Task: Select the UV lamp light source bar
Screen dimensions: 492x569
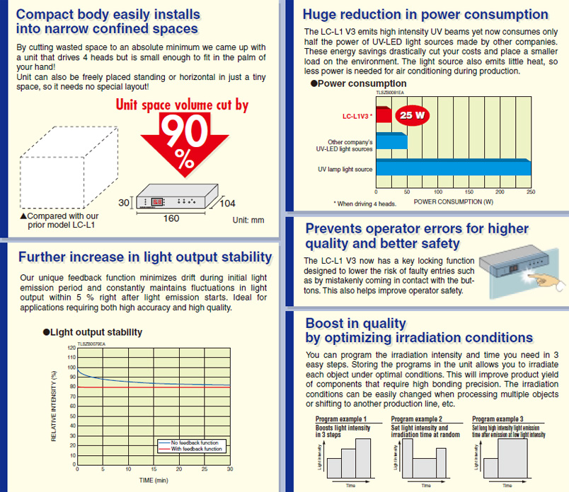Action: tap(454, 169)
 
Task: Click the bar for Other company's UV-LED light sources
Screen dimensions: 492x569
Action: tap(391, 141)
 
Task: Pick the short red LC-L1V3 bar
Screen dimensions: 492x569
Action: tap(383, 115)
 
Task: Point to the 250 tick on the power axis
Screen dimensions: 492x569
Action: tap(531, 192)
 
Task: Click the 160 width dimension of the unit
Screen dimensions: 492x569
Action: tap(171, 218)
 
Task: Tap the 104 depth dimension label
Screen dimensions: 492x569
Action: tap(226, 204)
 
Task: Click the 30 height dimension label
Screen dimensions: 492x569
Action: tap(124, 203)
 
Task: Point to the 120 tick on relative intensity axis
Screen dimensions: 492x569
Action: tap(71, 348)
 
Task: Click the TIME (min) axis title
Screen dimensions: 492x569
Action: tap(153, 480)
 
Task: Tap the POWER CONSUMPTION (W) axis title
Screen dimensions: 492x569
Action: tap(454, 201)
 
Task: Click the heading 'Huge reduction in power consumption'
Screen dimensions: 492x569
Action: tap(425, 14)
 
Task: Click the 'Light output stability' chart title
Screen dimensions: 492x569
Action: tap(93, 332)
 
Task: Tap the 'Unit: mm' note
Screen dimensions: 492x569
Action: tap(248, 220)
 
